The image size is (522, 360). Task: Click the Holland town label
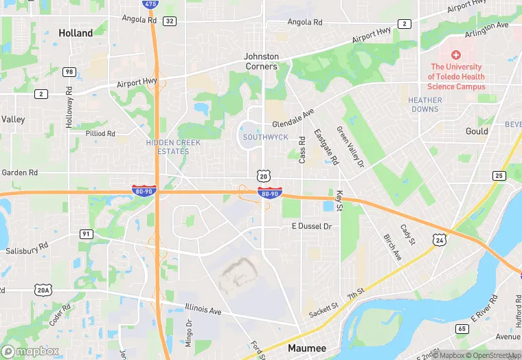coord(76,33)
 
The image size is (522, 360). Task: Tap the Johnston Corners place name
coord(262,61)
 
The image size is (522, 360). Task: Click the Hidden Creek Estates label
coord(168,146)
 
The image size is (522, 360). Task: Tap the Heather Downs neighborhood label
coord(425,104)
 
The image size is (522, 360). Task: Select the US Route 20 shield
coord(263,177)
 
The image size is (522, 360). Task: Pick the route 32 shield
coord(170,21)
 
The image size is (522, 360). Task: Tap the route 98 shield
coord(69,71)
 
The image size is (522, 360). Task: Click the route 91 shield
coord(86,234)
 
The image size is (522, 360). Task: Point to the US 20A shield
coord(44,291)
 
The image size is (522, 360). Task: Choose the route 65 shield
coord(462,329)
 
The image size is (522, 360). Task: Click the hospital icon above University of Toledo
coord(456,54)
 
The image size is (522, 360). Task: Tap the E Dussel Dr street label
coord(312,226)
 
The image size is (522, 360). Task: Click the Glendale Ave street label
coord(293,117)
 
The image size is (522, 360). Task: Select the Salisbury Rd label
coord(27,249)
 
